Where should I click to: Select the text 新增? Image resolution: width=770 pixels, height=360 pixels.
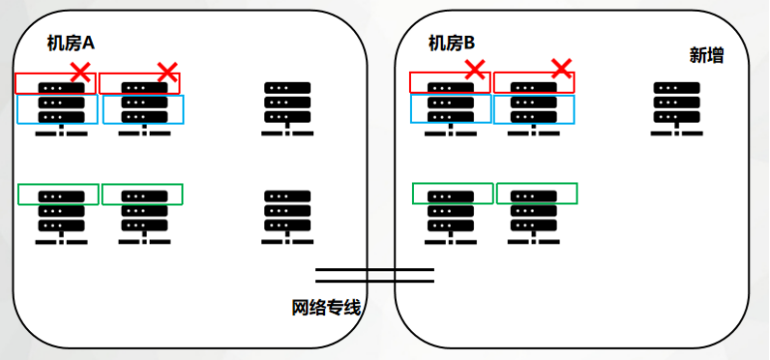pos(706,56)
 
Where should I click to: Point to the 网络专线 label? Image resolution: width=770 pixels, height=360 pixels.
pos(324,307)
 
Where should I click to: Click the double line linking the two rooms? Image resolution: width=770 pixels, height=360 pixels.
pos(375,274)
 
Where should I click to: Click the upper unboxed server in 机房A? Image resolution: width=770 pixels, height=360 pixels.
pos(288,108)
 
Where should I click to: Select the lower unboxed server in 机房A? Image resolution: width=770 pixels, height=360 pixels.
pos(288,215)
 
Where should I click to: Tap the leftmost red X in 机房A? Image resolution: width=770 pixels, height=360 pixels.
pos(81,71)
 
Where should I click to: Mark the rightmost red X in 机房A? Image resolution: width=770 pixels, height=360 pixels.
pos(168,72)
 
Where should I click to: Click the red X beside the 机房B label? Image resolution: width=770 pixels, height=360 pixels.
pos(476,69)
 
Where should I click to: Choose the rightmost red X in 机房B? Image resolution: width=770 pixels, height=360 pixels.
pos(563,68)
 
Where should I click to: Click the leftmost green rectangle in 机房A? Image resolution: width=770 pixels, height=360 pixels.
pos(59,193)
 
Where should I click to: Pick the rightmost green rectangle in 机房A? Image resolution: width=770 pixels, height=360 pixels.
pos(142,193)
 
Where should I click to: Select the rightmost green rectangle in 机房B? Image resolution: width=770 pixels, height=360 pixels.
pos(537,192)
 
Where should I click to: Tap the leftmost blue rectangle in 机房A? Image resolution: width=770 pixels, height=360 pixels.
pos(57,110)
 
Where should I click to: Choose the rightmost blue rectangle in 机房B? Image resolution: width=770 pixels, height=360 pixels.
pos(535,110)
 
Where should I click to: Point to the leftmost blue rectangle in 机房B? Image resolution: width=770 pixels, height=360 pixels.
pos(451,110)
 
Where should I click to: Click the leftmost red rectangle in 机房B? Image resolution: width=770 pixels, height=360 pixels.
pos(451,82)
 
